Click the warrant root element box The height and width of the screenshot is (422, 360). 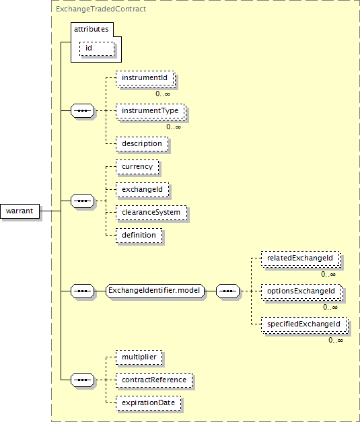[x=20, y=211]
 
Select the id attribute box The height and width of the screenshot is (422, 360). [x=97, y=48]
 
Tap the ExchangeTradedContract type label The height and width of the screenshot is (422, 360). [x=101, y=9]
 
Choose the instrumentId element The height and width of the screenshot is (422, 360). [x=145, y=78]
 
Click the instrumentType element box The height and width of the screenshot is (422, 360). [x=151, y=111]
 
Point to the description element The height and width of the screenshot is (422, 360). [x=142, y=144]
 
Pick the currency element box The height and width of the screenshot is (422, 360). [x=137, y=167]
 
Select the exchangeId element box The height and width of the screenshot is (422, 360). [x=143, y=190]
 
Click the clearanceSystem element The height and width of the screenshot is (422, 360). [x=151, y=213]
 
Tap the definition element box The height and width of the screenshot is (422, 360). [x=139, y=236]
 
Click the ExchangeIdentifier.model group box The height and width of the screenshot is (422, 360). [x=155, y=291]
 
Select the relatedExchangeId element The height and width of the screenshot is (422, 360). [x=301, y=258]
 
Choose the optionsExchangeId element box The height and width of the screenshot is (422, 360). [x=301, y=291]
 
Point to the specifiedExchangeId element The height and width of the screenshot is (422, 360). [x=304, y=324]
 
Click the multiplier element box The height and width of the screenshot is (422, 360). [x=139, y=357]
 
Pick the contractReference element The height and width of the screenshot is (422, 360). [x=154, y=380]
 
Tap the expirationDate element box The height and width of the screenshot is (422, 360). [x=148, y=403]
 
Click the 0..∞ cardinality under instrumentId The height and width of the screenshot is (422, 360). [x=163, y=94]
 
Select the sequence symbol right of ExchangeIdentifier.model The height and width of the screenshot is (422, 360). [x=227, y=291]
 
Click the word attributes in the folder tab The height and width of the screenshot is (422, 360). [x=92, y=29]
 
